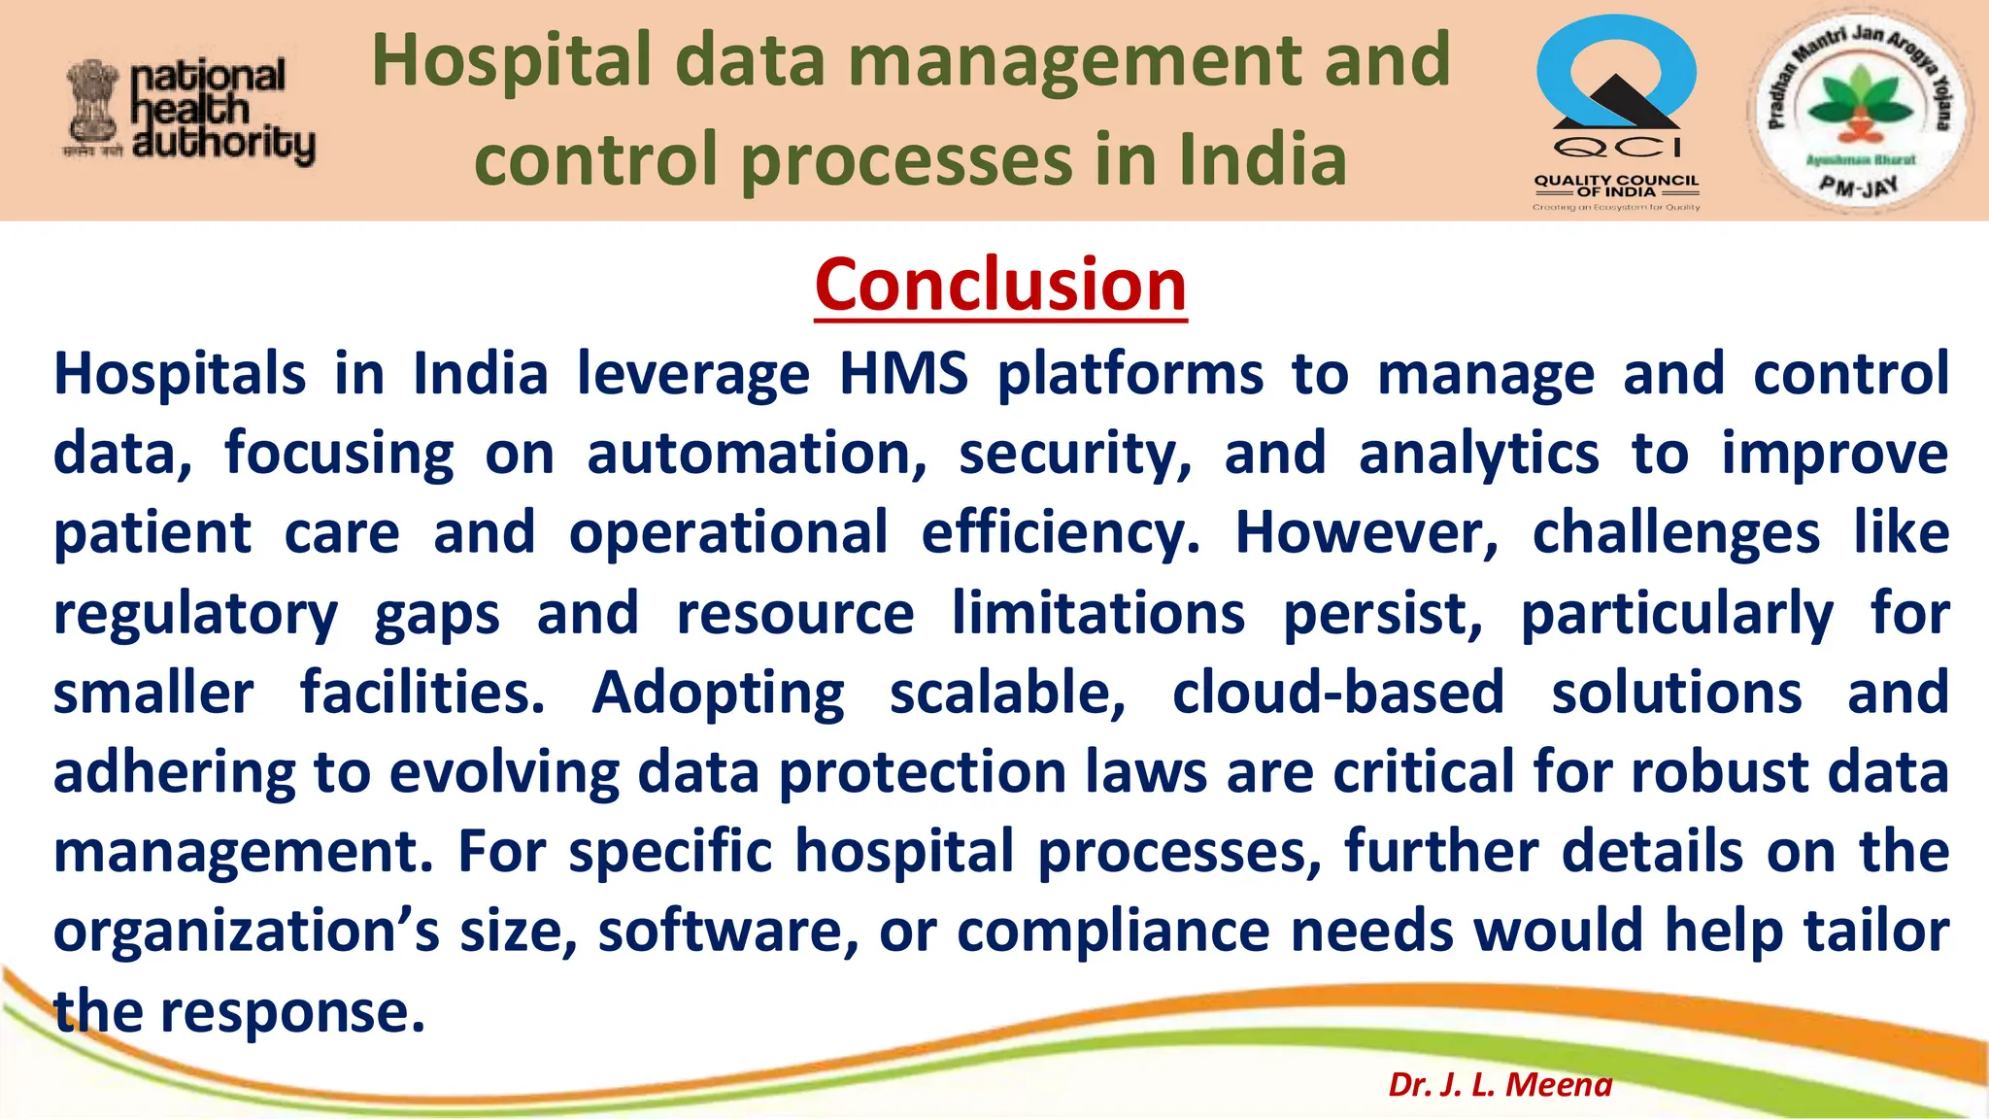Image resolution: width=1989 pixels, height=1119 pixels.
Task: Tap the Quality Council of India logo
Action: coord(1616,113)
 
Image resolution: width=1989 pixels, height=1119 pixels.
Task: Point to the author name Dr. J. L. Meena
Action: coord(1500,1084)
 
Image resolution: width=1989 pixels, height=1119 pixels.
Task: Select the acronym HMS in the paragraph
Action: coord(903,374)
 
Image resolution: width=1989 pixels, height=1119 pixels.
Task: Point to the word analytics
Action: coord(1478,455)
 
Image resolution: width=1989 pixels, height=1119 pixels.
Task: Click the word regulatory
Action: coord(195,615)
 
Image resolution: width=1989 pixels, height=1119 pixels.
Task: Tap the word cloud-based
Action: coord(1338,693)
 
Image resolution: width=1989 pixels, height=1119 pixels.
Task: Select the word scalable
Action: coord(1007,693)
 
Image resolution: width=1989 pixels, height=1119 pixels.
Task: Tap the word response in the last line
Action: coord(292,1012)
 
